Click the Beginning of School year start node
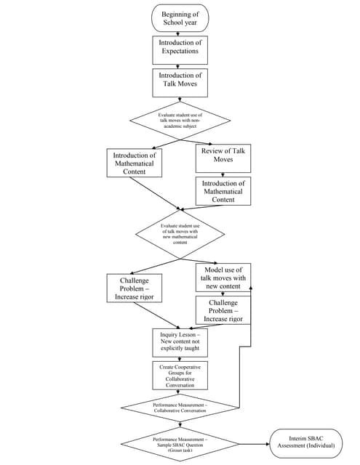click(x=180, y=17)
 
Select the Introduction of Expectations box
click(x=180, y=50)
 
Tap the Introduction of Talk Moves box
click(x=180, y=84)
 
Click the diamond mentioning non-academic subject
click(x=180, y=121)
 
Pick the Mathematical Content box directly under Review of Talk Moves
click(x=223, y=192)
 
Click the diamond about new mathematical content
click(x=180, y=234)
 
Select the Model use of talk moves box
click(x=223, y=278)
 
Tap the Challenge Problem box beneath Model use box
click(x=223, y=310)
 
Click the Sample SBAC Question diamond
click(x=180, y=444)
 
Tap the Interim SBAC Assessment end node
click(x=305, y=444)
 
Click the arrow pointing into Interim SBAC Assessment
click(x=255, y=444)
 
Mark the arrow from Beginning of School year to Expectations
click(x=180, y=33)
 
